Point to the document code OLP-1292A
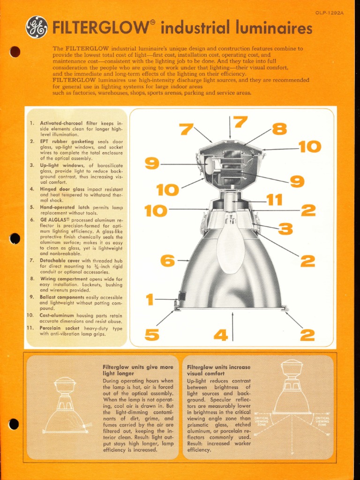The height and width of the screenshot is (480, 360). pos(329,13)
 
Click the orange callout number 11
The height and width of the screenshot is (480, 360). pos(275,200)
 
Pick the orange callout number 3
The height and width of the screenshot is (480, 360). pos(285,229)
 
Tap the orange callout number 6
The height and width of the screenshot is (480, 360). pos(167,260)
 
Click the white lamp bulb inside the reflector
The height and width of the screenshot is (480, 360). pos(231,246)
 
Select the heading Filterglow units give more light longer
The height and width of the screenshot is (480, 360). pos(138,370)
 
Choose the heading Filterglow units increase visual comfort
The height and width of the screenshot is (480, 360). pos(218,370)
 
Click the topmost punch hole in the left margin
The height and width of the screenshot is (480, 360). pos(15,52)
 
